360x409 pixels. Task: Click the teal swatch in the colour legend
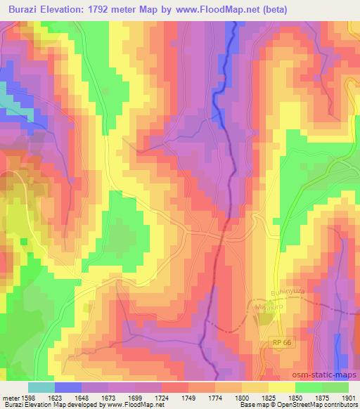[x=41, y=387]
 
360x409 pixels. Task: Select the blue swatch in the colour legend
[x=68, y=387]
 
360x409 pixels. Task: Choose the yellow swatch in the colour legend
[x=281, y=387]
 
